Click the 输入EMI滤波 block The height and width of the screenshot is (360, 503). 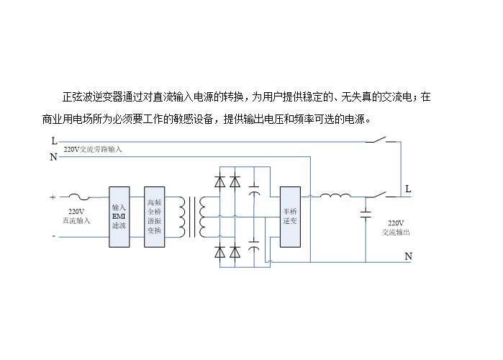click(x=119, y=217)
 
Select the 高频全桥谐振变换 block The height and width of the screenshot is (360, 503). click(x=154, y=217)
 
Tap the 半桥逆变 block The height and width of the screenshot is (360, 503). click(x=290, y=217)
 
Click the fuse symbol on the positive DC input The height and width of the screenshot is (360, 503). click(x=80, y=197)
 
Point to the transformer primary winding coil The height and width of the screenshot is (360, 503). click(x=181, y=217)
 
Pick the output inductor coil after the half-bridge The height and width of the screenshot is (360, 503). click(x=335, y=195)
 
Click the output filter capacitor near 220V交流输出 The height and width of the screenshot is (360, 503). click(x=366, y=215)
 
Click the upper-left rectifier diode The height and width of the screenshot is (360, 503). click(x=219, y=181)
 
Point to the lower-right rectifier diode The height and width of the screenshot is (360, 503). click(x=235, y=252)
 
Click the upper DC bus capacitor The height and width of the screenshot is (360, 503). click(x=254, y=190)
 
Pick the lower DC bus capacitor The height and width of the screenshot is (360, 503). click(x=254, y=245)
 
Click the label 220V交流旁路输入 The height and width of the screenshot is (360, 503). click(x=92, y=149)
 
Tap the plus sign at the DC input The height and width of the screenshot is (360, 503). click(x=53, y=197)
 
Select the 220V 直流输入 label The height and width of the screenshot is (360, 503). click(x=76, y=216)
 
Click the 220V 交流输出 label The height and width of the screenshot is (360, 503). click(x=396, y=228)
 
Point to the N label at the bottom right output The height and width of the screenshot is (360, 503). click(x=408, y=256)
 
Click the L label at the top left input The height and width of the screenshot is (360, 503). click(x=54, y=141)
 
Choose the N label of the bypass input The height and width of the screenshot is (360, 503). click(x=53, y=157)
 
